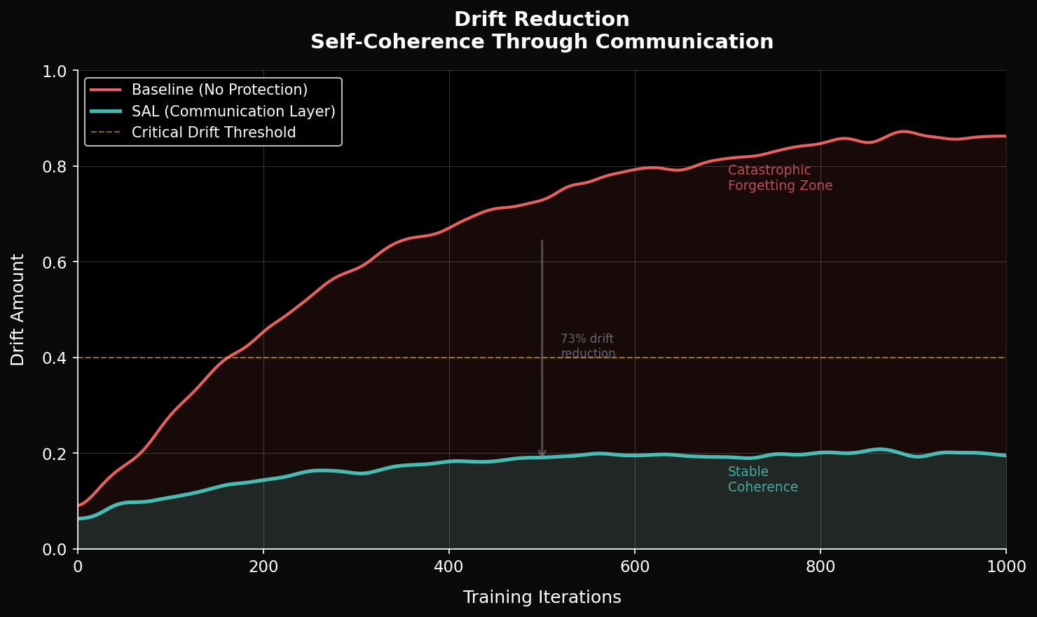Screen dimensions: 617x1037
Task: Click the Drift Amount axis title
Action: [18, 309]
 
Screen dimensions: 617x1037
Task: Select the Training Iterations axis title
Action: [542, 597]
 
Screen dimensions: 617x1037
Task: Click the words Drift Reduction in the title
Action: [542, 20]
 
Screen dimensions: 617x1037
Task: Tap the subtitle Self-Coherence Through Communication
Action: [542, 42]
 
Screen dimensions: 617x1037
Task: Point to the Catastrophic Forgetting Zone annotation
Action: [780, 178]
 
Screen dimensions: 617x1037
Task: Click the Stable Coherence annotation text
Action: [762, 480]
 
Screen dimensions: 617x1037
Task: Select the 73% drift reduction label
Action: [588, 346]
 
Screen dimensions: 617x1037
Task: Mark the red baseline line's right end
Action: [1005, 136]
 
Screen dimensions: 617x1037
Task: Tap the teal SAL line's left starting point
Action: [78, 518]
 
